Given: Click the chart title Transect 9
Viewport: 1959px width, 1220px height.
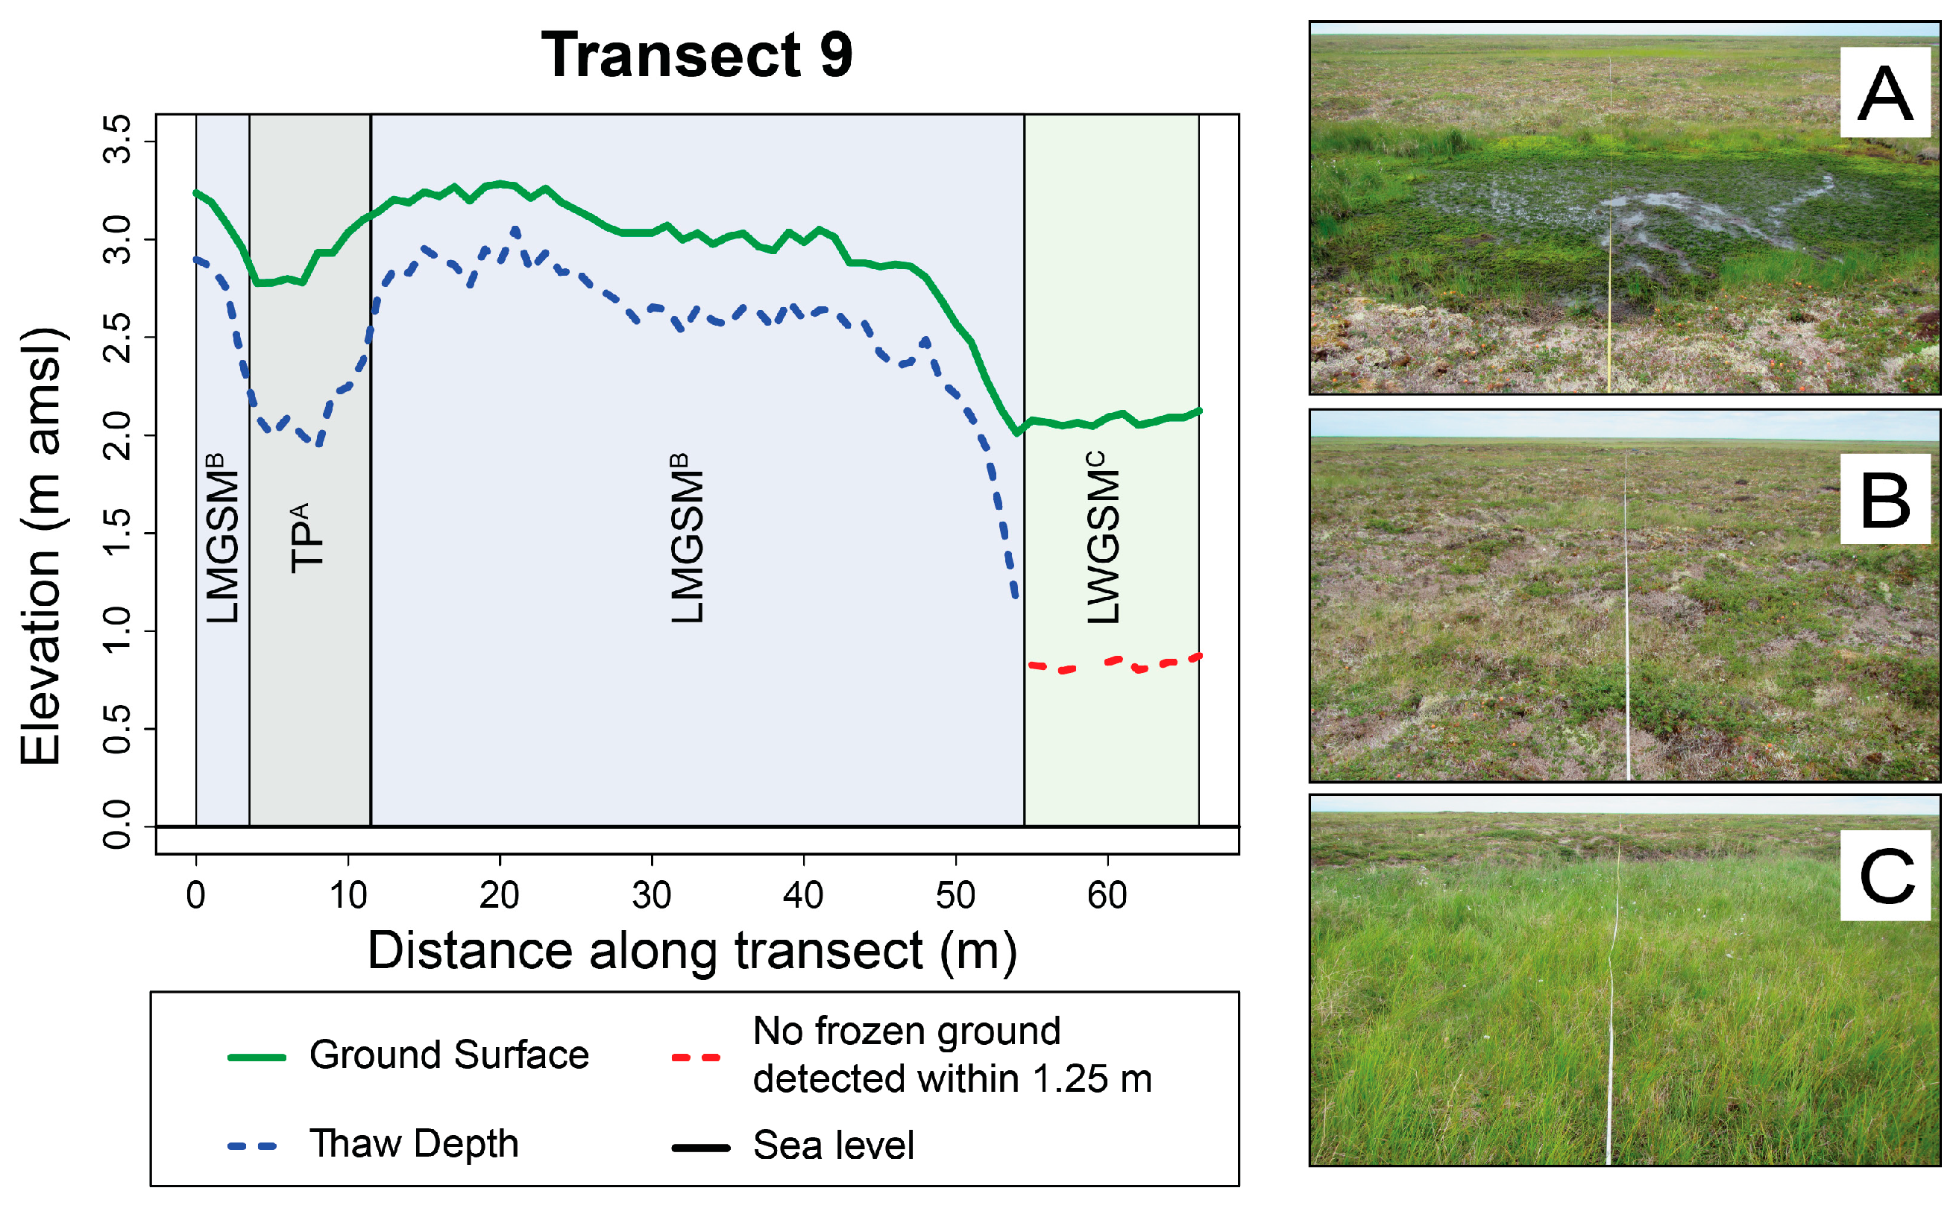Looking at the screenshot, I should pyautogui.click(x=697, y=55).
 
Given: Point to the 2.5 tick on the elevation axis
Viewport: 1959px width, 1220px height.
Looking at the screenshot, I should pyautogui.click(x=118, y=338).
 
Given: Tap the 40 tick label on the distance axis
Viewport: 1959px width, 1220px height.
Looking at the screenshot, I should pyautogui.click(x=803, y=896).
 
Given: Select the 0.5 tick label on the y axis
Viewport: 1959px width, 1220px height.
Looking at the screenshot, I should pyautogui.click(x=118, y=729).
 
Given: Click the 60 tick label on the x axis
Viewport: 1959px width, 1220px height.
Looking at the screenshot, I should pyautogui.click(x=1107, y=896).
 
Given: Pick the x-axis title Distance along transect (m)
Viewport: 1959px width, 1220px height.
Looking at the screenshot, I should pyautogui.click(x=692, y=950).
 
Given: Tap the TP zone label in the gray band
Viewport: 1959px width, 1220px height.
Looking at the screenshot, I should pyautogui.click(x=306, y=537).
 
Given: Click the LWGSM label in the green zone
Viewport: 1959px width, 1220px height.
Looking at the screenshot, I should pyautogui.click(x=1103, y=537).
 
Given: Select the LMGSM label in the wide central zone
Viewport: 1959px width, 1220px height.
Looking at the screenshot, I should pyautogui.click(x=687, y=537).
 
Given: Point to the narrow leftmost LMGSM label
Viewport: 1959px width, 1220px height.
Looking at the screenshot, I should pyautogui.click(x=222, y=537).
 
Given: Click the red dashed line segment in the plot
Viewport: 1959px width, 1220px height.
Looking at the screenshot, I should pyautogui.click(x=1114, y=664).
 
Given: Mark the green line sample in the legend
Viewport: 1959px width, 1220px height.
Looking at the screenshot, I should pyautogui.click(x=257, y=1057).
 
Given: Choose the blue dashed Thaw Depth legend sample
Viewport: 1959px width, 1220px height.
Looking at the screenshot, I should pyautogui.click(x=254, y=1145).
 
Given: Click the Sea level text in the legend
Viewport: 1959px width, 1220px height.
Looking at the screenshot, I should pyautogui.click(x=833, y=1145).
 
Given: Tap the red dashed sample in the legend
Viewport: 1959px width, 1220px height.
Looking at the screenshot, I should pyautogui.click(x=696, y=1057).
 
